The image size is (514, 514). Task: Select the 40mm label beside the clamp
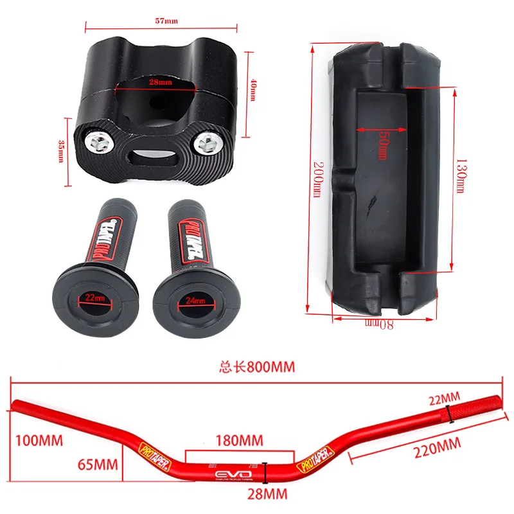253,89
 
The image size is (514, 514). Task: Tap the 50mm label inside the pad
383,146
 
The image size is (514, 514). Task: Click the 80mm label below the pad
378,324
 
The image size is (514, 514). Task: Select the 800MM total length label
257,367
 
